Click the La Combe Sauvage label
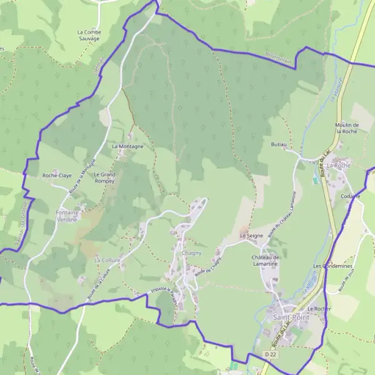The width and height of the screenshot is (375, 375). tap(88, 35)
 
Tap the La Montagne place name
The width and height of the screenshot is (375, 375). tap(127, 146)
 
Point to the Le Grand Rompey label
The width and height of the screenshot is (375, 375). tap(104, 177)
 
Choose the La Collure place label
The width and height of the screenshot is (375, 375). tap(106, 259)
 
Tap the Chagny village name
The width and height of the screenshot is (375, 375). tap(191, 252)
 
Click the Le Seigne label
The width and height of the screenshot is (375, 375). tap(251, 236)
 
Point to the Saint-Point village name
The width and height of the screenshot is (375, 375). tap(291, 317)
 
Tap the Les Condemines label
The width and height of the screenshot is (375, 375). tap(333, 266)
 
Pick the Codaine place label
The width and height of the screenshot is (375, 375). tap(351, 196)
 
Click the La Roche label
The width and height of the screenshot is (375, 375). tap(339, 166)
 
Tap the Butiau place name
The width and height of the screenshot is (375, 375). tap(279, 144)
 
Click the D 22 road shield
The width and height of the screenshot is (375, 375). tap(270, 354)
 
